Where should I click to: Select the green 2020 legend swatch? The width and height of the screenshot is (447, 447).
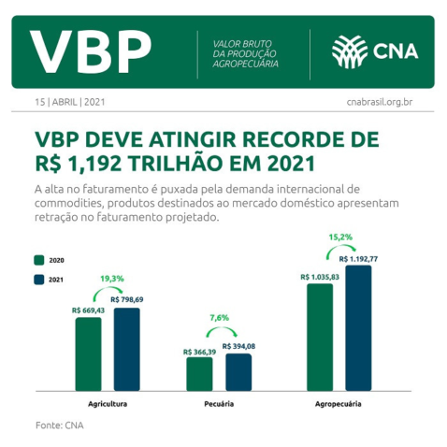pyautogui.click(x=39, y=260)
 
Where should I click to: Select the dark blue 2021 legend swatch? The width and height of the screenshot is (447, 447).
pyautogui.click(x=39, y=280)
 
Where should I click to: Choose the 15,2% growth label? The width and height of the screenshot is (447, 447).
pyautogui.click(x=340, y=238)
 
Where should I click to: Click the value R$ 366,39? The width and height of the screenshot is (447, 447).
pyautogui.click(x=199, y=351)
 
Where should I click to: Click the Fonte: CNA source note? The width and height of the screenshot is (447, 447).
pyautogui.click(x=58, y=425)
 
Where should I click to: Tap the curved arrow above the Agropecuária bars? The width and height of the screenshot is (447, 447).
pyautogui.click(x=340, y=251)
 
